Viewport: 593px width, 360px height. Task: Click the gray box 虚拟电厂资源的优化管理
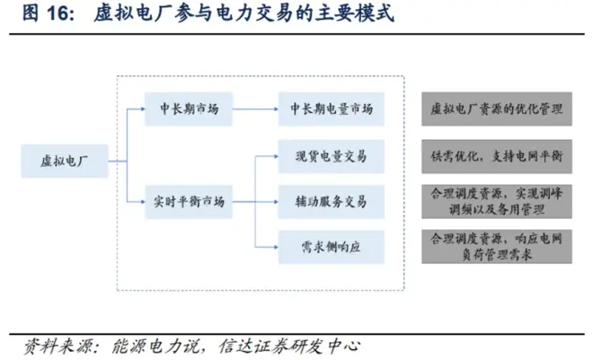(x=497, y=110)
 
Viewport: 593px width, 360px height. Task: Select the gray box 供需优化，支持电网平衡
(x=497, y=156)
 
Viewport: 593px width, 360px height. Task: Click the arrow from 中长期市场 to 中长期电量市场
(x=255, y=110)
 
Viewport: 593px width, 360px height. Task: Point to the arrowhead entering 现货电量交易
(x=273, y=156)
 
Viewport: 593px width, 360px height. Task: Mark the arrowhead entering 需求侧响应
(x=273, y=242)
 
